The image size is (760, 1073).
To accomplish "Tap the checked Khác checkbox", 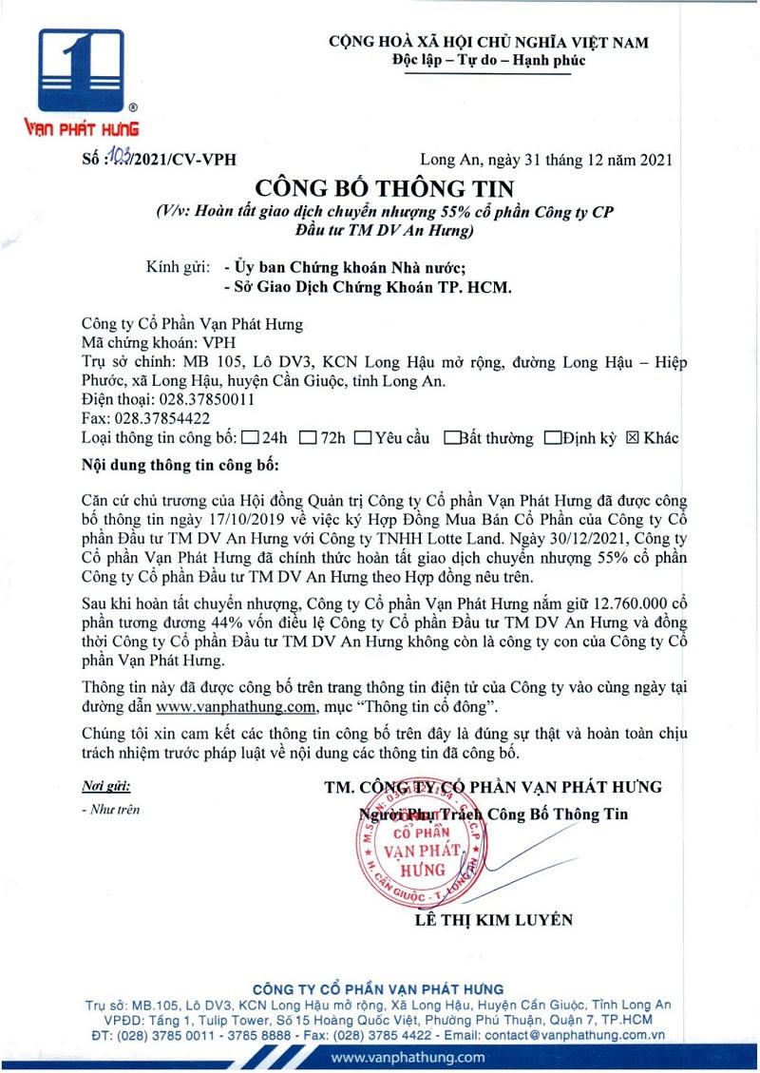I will (x=632, y=438).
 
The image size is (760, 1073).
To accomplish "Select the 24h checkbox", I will (x=251, y=439).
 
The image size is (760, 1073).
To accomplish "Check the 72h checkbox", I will (x=308, y=439).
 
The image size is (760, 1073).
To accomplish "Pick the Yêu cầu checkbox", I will (x=362, y=439).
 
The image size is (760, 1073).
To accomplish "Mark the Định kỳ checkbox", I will (x=552, y=439).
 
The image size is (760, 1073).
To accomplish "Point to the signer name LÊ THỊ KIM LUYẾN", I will (x=494, y=920).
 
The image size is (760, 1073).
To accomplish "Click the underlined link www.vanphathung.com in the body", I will (x=235, y=707).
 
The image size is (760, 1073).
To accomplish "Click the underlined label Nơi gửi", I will (x=105, y=786).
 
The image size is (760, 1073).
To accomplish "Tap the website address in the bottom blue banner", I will (x=408, y=1057).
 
